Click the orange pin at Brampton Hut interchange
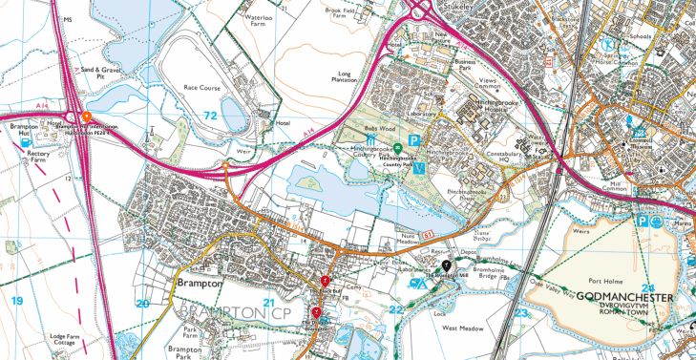(x=86, y=115)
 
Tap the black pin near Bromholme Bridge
(x=446, y=265)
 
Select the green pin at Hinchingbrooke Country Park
(x=397, y=147)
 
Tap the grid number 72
(x=209, y=116)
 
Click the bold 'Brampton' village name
(x=199, y=284)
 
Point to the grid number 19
(x=16, y=302)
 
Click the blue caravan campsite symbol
(x=416, y=283)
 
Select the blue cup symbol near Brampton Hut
(x=24, y=144)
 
